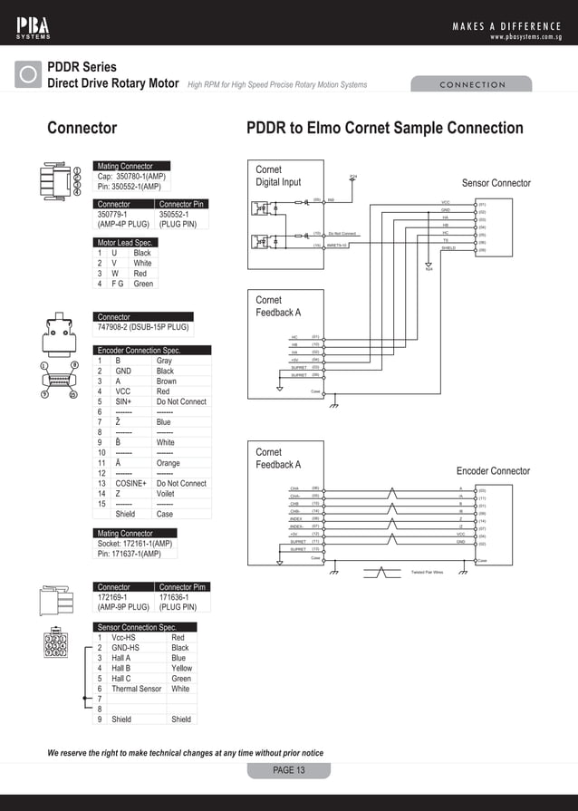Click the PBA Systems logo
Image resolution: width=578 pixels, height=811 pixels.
[34, 26]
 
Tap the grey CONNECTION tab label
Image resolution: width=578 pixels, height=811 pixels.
[472, 84]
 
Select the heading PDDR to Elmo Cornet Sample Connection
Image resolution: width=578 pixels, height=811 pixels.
[385, 128]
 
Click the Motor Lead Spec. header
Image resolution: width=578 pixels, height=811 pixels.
[125, 243]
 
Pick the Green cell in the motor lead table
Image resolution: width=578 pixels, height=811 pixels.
[143, 284]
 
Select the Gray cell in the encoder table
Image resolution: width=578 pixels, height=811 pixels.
[164, 361]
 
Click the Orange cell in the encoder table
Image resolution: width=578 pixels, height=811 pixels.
[169, 463]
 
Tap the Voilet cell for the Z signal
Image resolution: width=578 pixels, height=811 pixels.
[166, 494]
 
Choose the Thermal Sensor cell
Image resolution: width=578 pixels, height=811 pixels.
[137, 689]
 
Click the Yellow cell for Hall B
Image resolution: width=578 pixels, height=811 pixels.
[181, 669]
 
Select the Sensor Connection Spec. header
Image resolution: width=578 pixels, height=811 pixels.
[136, 627]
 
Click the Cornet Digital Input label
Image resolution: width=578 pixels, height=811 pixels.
[278, 176]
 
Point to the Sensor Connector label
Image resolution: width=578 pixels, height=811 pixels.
[496, 183]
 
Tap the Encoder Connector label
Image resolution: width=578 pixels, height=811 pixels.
[493, 471]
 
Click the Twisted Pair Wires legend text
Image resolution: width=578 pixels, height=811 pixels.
[427, 573]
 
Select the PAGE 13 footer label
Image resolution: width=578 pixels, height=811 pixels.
[289, 770]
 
